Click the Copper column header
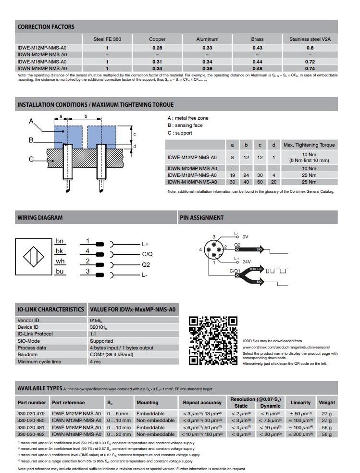point(157,39)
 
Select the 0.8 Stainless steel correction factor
point(310,48)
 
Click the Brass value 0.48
point(257,69)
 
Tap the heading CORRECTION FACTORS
point(46,27)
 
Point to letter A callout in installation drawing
point(31,121)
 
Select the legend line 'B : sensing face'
point(185,125)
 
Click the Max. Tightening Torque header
point(309,145)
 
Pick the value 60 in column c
point(260,182)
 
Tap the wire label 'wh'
point(60,261)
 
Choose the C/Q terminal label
point(147,254)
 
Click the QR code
point(213,340)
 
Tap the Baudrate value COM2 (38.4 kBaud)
point(111,355)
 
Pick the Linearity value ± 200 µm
point(300,434)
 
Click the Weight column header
point(327,402)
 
